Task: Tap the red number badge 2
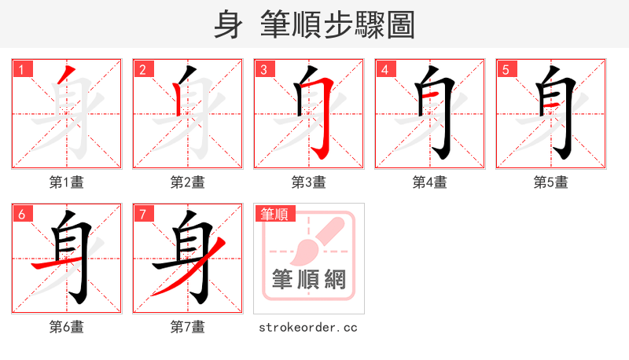[x=142, y=70]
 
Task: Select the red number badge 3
[x=263, y=70]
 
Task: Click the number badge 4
[x=384, y=70]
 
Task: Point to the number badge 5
[x=506, y=70]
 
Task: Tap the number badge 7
[x=142, y=214]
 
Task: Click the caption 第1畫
[x=67, y=182]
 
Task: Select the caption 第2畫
[x=188, y=182]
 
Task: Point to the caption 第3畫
[x=309, y=182]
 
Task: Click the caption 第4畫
[x=430, y=182]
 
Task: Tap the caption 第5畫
[x=551, y=182]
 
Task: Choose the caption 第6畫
[x=67, y=326]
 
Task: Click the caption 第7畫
[x=188, y=326]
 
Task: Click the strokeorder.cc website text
[x=308, y=326]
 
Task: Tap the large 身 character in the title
[x=228, y=24]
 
